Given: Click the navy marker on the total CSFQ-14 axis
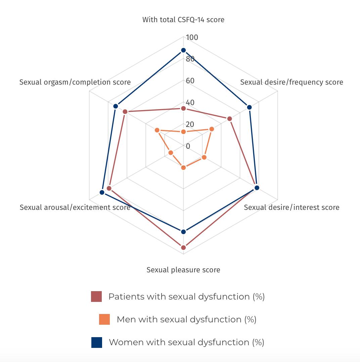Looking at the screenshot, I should tap(183, 50).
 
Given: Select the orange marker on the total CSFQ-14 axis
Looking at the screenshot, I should tap(183, 132).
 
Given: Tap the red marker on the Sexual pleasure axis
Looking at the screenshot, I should tap(183, 248).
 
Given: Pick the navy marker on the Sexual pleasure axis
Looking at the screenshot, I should tap(183, 232).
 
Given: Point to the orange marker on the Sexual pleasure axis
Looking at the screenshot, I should tap(183, 168).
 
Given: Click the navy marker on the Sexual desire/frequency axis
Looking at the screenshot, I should tap(249, 107).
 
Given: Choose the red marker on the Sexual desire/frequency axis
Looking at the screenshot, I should tap(230, 119).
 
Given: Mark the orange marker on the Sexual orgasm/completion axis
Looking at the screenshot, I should tap(157, 130).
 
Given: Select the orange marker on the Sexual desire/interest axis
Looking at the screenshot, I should tap(204, 157).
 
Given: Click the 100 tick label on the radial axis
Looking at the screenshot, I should tap(192, 37).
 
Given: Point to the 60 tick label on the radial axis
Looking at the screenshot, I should tap(190, 81).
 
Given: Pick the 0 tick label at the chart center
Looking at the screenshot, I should tap(188, 146).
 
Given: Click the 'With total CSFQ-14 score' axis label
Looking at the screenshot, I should tap(183, 19).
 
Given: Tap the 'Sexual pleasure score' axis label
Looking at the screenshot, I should tap(183, 270).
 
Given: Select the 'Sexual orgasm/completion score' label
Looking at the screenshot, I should tap(75, 82).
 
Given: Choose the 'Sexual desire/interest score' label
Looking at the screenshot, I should tap(291, 207).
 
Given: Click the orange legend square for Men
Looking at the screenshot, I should tap(104, 319).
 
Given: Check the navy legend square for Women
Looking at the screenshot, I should tap(97, 343).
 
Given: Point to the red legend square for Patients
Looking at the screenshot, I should tap(96, 297).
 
